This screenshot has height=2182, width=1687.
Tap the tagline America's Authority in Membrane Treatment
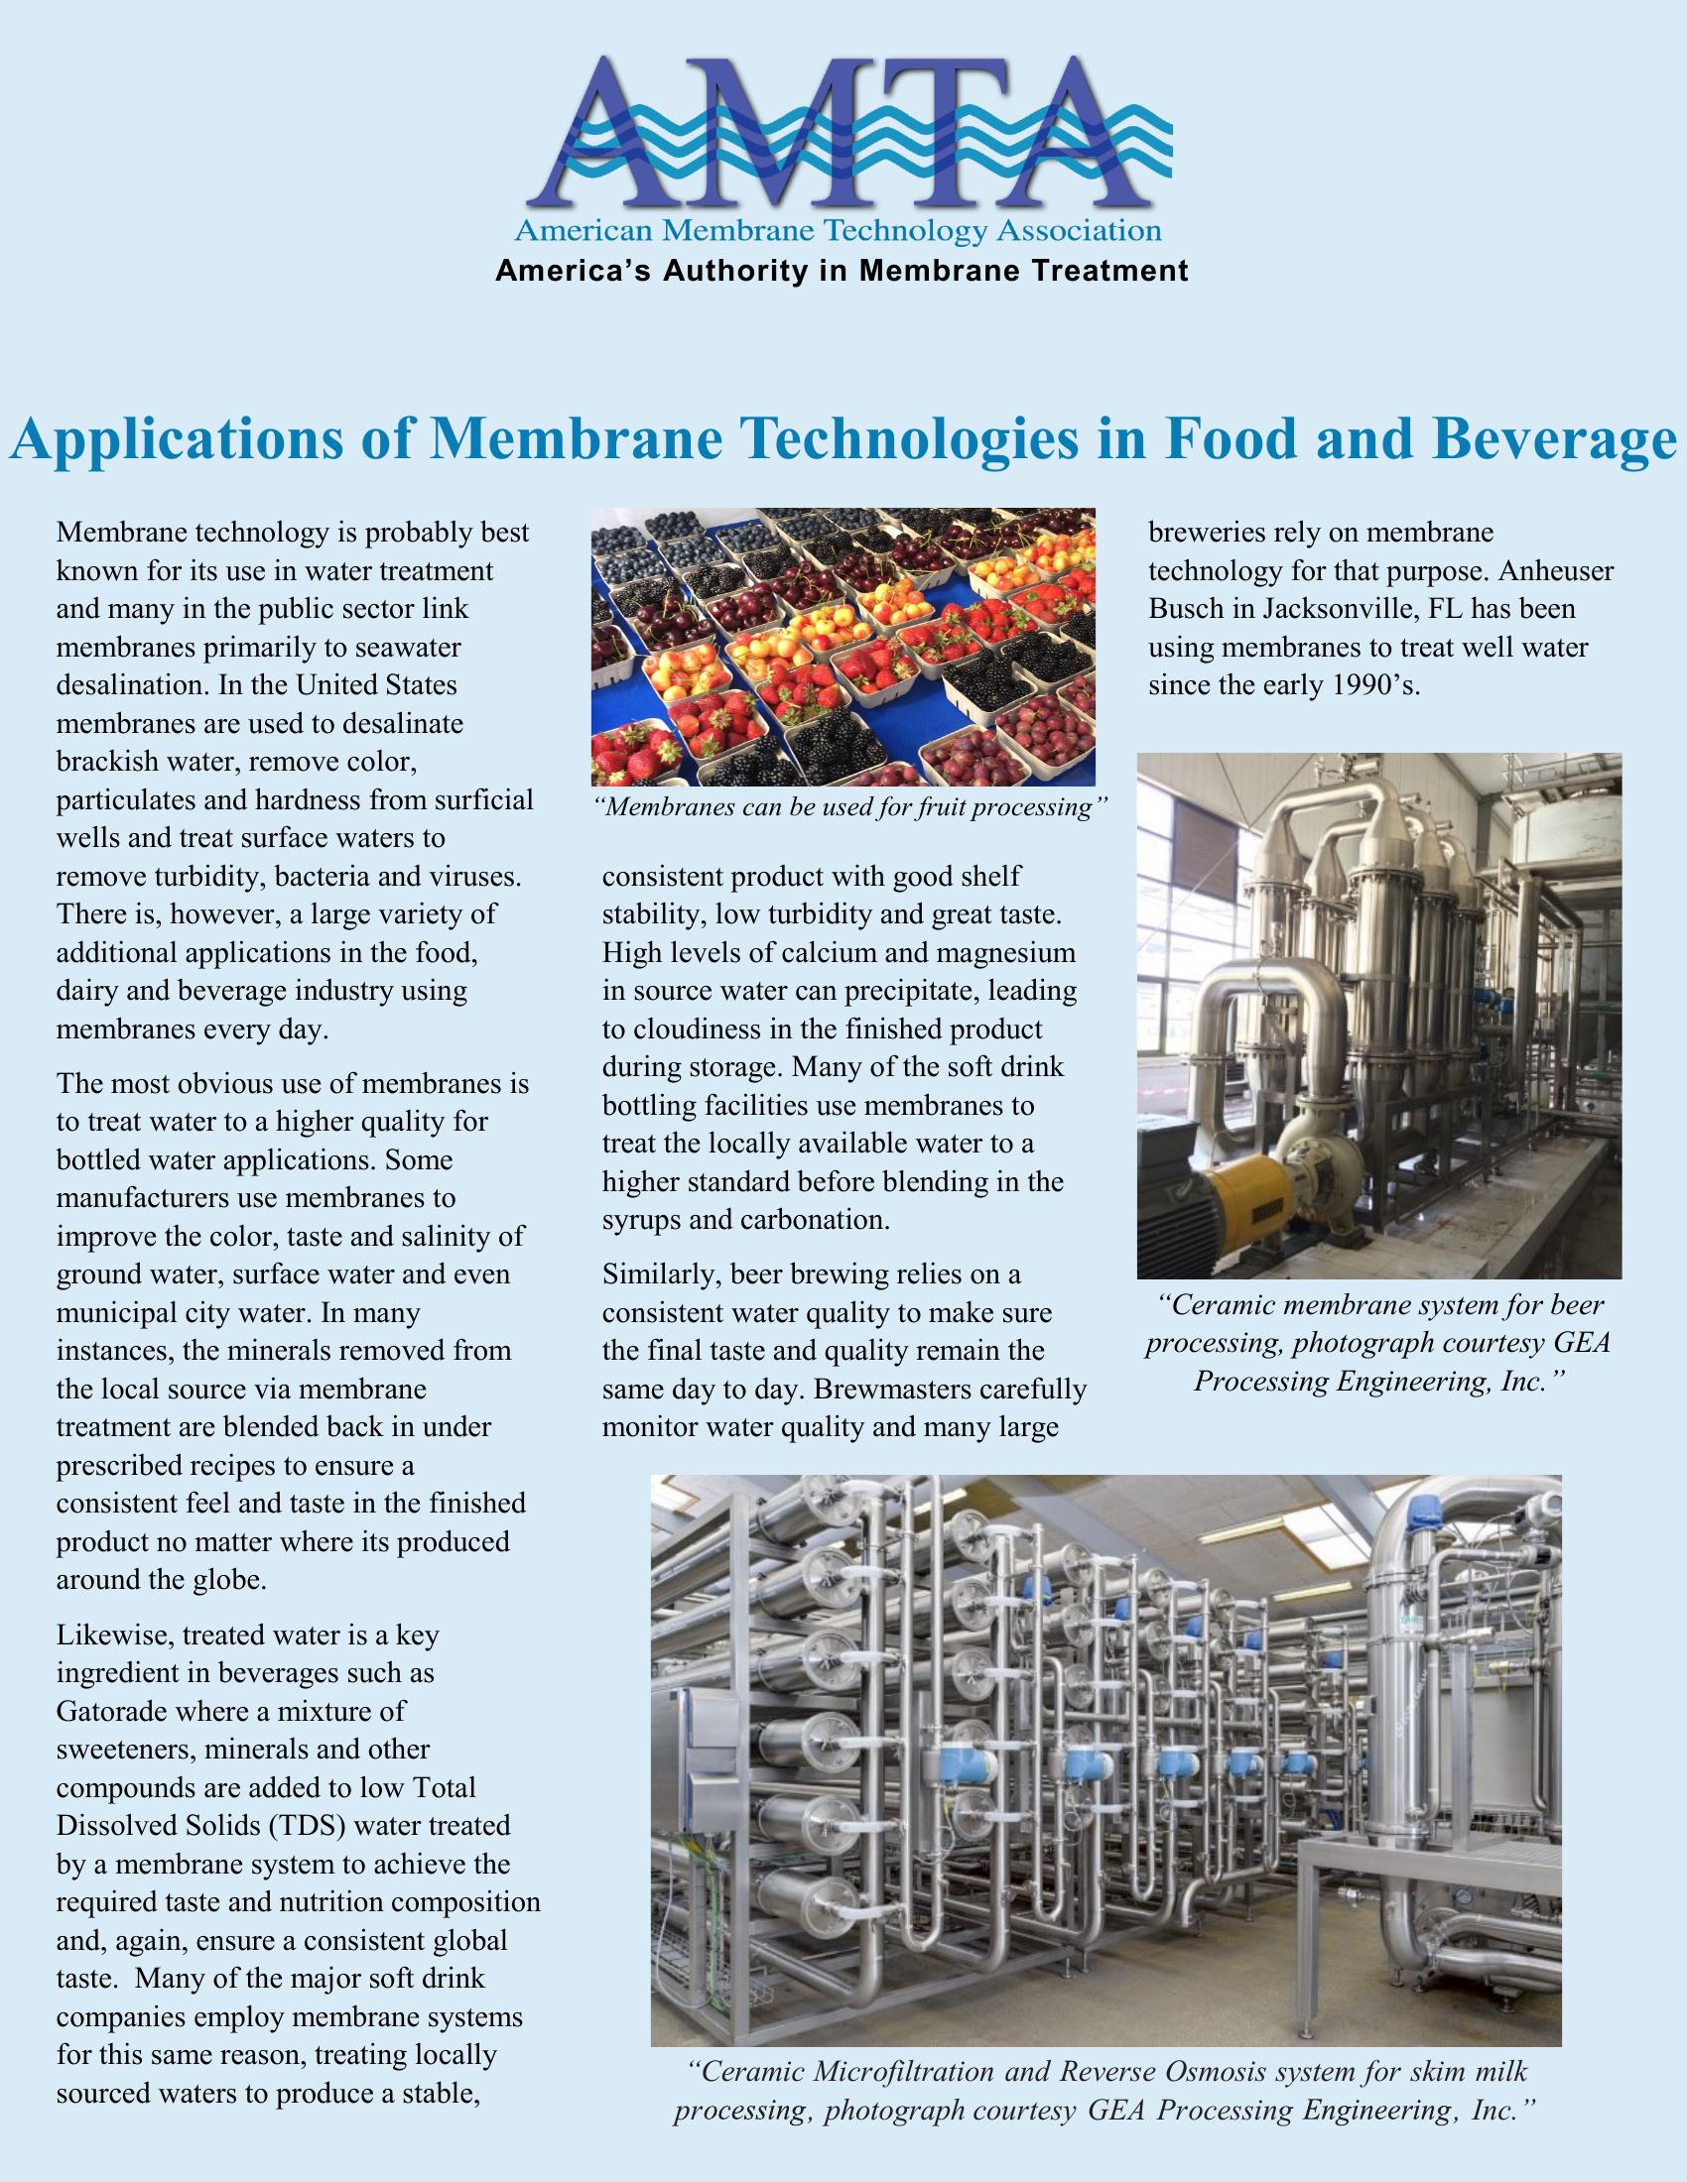click(x=842, y=271)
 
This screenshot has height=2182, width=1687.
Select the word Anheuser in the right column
click(x=1555, y=571)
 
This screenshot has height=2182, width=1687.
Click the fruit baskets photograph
click(x=843, y=647)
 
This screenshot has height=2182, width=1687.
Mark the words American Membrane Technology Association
click(x=838, y=233)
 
